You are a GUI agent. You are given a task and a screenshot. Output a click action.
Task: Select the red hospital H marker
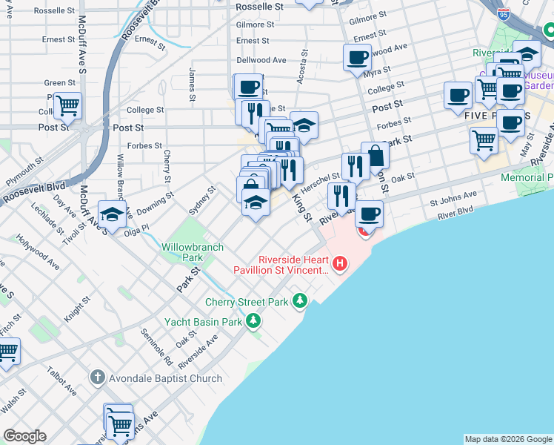[340, 263]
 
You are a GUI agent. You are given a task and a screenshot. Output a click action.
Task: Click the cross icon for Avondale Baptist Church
[97, 378]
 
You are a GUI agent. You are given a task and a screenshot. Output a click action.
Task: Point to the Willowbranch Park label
[182, 251]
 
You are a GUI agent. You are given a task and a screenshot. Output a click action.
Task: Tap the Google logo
[24, 436]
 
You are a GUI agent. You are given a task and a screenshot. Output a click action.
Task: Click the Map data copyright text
[508, 439]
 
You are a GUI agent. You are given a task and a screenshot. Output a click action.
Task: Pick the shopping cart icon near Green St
[67, 105]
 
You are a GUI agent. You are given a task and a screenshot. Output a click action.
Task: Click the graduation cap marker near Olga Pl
[112, 214]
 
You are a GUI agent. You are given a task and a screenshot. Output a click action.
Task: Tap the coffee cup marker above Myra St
[357, 57]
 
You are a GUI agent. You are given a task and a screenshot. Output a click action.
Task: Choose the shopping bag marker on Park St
[376, 156]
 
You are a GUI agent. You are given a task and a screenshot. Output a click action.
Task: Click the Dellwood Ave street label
[261, 60]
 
